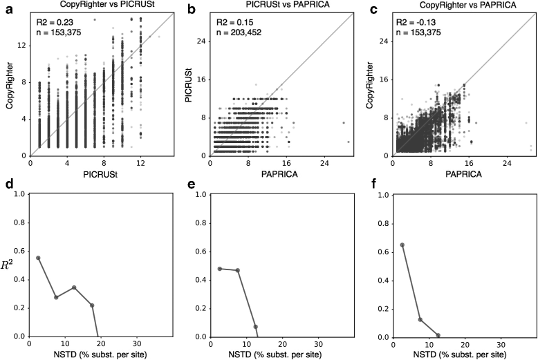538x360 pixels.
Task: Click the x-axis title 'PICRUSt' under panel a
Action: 86,176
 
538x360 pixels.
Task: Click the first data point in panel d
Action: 38,258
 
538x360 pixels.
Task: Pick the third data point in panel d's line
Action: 74,287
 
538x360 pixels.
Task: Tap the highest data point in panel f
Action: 402,245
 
